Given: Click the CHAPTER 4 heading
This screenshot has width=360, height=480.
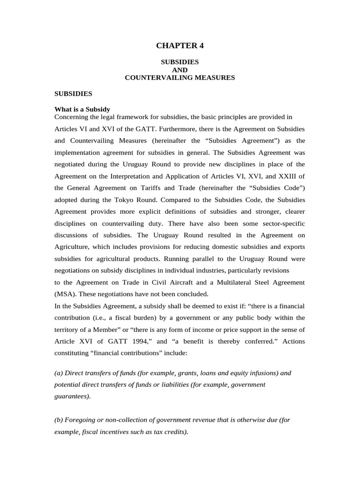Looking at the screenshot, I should pos(180,45).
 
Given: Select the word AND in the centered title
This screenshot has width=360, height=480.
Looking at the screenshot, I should pos(180,70).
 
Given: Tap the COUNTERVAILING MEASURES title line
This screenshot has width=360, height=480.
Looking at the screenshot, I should pos(180,78).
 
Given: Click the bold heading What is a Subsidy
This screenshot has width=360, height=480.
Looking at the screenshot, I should pos(82,109).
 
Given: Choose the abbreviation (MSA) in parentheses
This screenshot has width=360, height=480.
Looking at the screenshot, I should pos(65,294).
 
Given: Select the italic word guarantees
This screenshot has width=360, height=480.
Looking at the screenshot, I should pos(72,396).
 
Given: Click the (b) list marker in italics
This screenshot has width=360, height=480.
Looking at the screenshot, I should pos(59,420).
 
